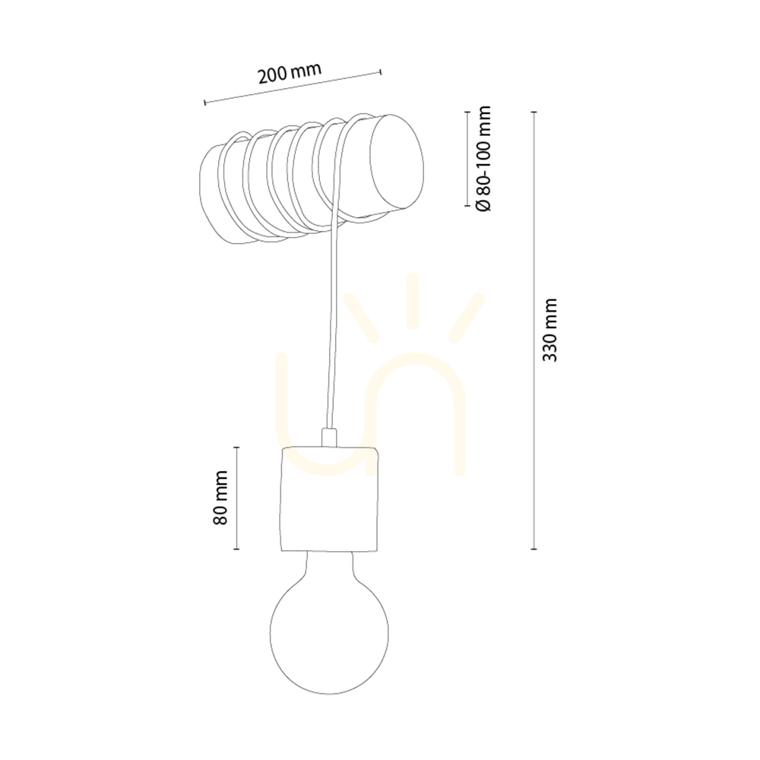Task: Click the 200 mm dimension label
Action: tap(290, 73)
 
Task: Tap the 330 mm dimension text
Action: tap(549, 330)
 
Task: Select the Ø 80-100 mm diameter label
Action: tap(483, 159)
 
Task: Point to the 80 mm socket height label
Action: tap(220, 497)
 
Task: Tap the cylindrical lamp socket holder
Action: tap(330, 499)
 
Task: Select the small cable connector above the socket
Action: tap(328, 437)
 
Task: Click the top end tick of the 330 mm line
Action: tap(534, 112)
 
